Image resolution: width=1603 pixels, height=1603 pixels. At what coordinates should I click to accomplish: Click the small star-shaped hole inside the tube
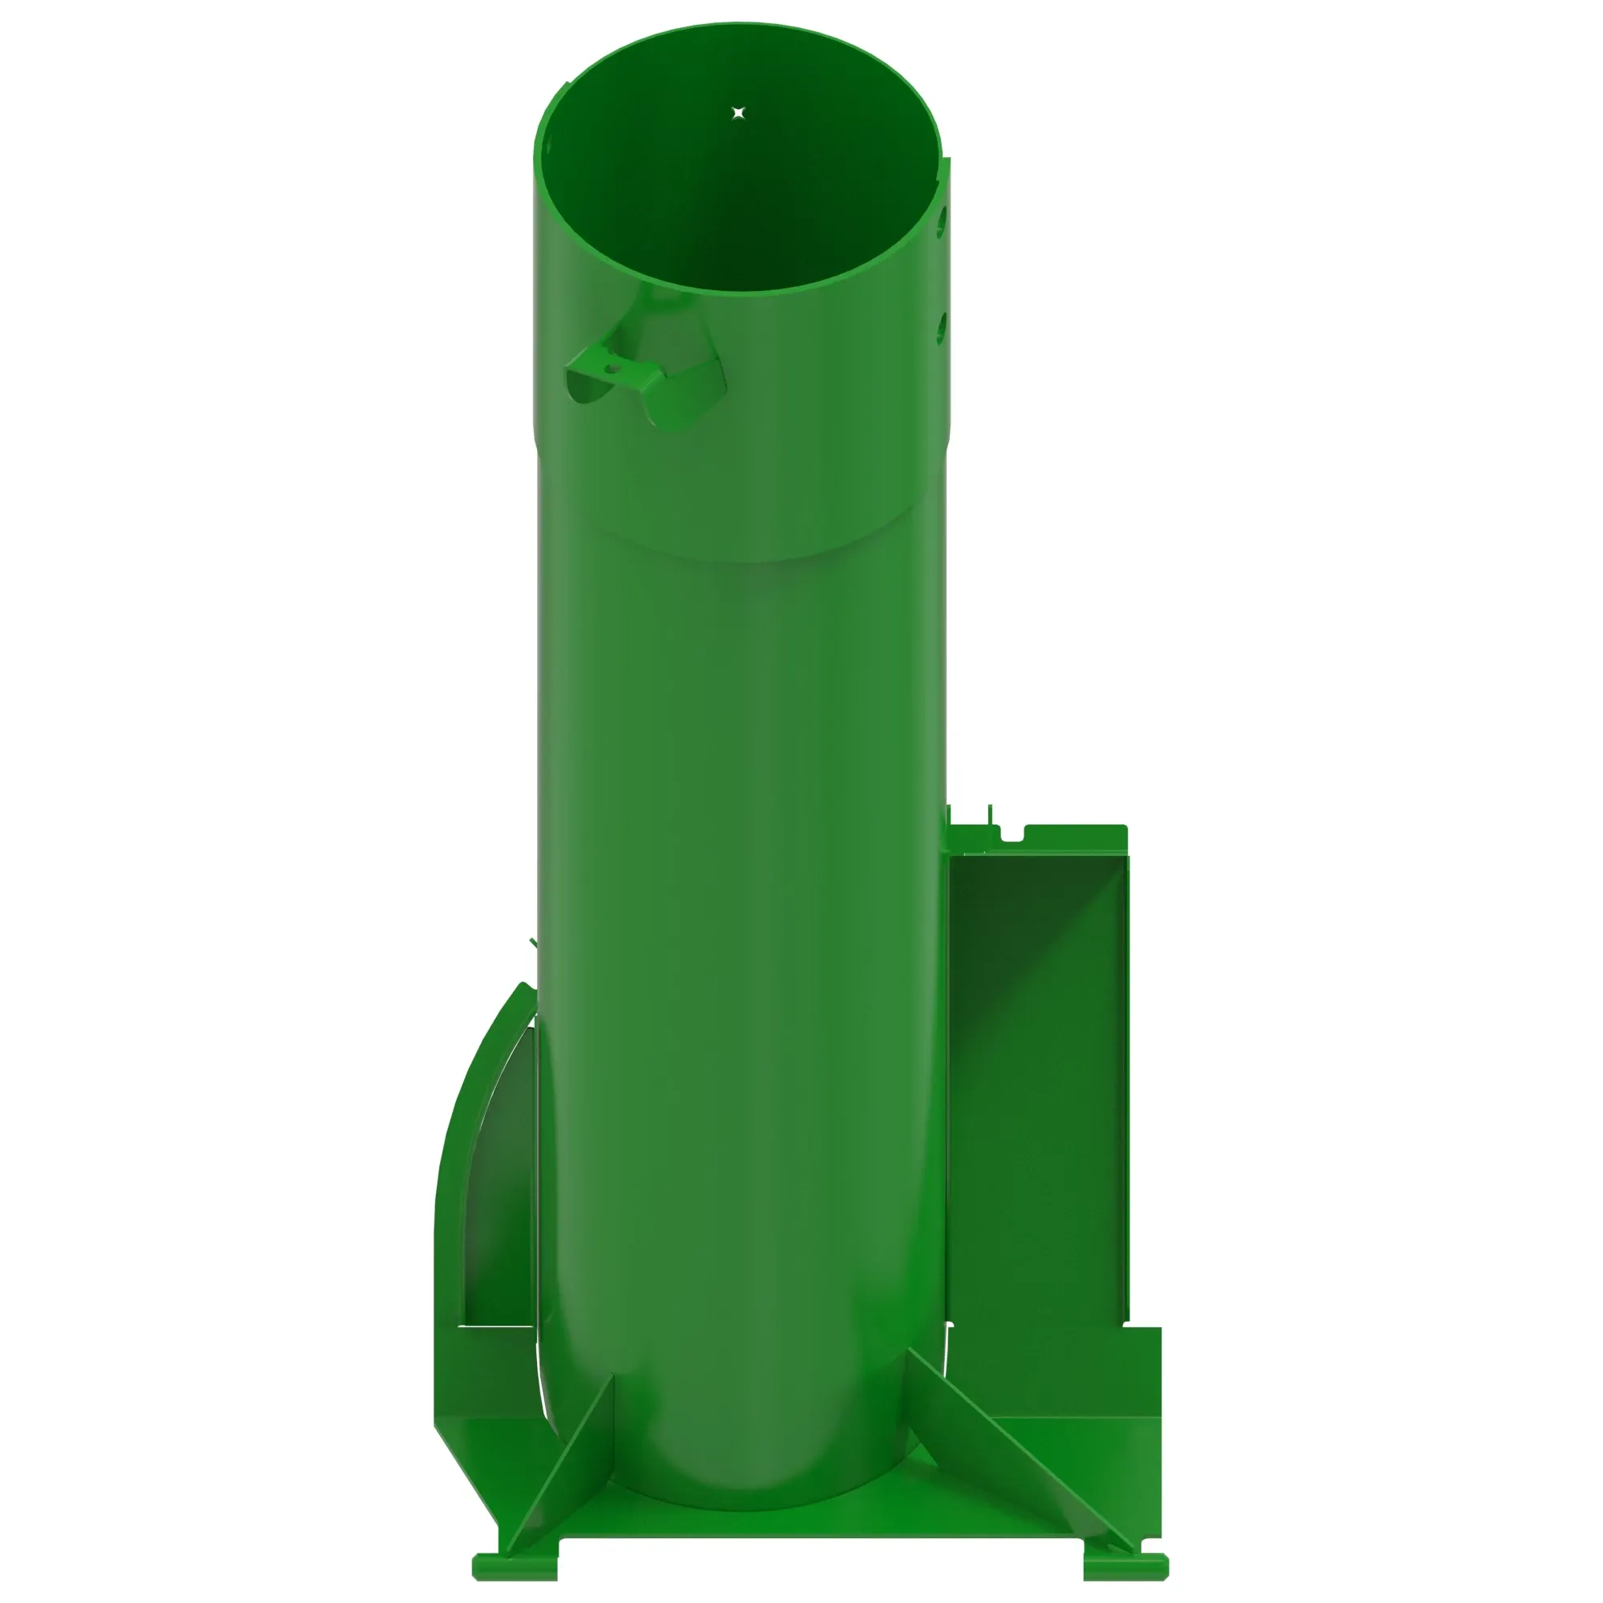pyautogui.click(x=738, y=112)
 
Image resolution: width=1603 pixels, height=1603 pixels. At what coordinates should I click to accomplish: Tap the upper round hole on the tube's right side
pyautogui.click(x=942, y=220)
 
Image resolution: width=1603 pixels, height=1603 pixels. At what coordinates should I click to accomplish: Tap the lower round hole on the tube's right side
pyautogui.click(x=941, y=327)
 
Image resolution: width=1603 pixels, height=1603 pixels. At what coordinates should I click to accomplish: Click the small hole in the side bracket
pyautogui.click(x=612, y=369)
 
